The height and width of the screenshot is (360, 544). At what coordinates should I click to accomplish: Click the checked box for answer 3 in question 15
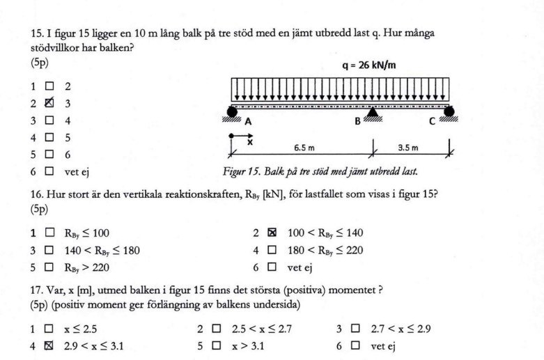49,104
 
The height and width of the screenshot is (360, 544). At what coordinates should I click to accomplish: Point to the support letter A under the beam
247,121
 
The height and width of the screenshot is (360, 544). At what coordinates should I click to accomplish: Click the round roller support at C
449,111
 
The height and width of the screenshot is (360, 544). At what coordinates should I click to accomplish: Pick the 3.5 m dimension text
408,148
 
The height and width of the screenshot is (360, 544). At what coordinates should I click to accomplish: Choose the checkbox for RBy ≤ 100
49,233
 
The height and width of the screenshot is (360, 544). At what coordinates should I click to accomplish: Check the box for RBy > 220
49,267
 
